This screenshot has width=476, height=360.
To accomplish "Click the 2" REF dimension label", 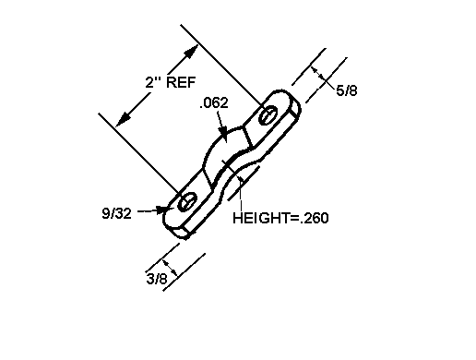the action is pyautogui.click(x=171, y=82).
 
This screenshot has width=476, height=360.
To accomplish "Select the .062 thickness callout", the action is pyautogui.click(x=214, y=102).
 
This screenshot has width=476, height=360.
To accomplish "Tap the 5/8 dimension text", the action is pyautogui.click(x=347, y=90).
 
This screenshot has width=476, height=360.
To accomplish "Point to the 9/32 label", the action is pyautogui.click(x=116, y=213).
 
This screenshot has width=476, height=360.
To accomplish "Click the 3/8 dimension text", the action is pyautogui.click(x=157, y=279).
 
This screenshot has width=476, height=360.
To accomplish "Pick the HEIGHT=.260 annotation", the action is pyautogui.click(x=280, y=218).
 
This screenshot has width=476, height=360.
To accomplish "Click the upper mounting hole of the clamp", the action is pyautogui.click(x=268, y=115).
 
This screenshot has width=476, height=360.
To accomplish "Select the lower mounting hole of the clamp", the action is pyautogui.click(x=187, y=202).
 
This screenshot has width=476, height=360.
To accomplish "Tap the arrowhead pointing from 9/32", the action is pyautogui.click(x=162, y=210).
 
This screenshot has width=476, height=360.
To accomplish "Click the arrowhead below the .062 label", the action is pyautogui.click(x=223, y=132).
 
